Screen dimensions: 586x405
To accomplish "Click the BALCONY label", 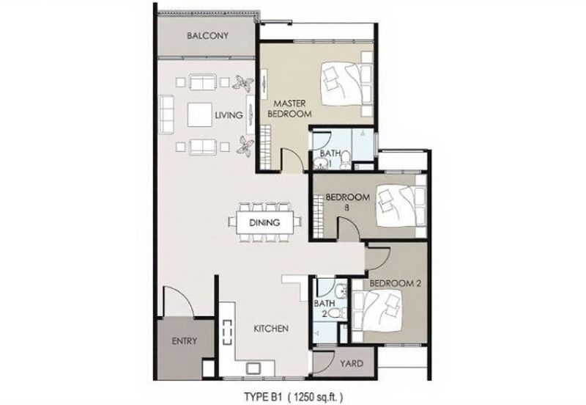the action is [207, 36].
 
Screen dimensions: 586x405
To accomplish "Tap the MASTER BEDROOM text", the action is [289, 109].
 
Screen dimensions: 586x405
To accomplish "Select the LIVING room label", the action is [229, 115].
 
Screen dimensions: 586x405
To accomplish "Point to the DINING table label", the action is [264, 223].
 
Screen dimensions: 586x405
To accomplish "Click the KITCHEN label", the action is [271, 329].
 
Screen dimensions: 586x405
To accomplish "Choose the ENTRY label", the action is [185, 341].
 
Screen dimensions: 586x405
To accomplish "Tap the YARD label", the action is [352, 363].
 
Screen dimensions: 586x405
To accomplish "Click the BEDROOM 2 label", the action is [395, 283].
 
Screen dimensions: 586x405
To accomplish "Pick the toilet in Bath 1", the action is [346, 159].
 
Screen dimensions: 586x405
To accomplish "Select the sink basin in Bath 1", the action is [321, 163].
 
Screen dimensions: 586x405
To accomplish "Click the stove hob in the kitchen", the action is [227, 332].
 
